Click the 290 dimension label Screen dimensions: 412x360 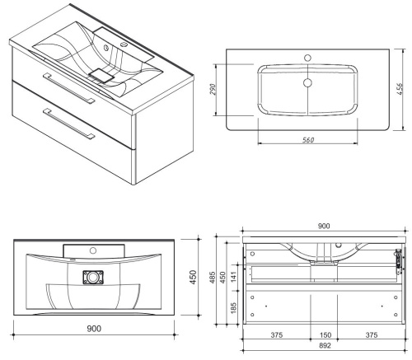point(213,89)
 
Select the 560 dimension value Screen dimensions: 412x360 point(308,140)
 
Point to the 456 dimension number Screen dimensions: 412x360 point(400,89)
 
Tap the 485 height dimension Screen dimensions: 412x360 point(213,278)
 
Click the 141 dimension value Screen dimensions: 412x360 point(233,278)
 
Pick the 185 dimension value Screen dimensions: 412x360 point(233,308)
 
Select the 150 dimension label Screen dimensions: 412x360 point(325,335)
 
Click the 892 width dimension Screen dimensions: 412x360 point(325,345)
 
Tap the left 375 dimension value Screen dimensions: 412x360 point(277,335)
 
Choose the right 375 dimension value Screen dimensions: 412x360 point(372,335)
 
